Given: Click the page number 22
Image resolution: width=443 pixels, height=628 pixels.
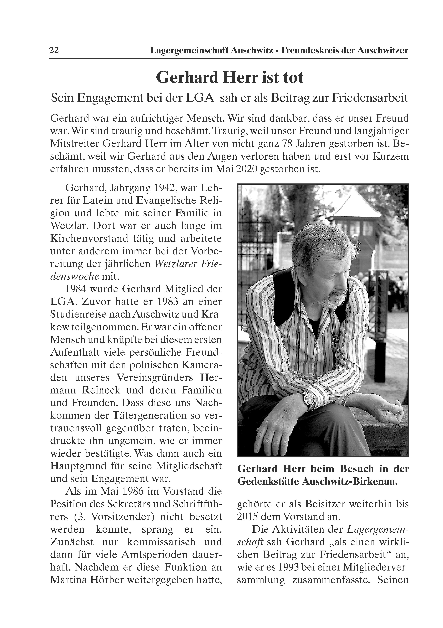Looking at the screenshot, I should click(x=54, y=51).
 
